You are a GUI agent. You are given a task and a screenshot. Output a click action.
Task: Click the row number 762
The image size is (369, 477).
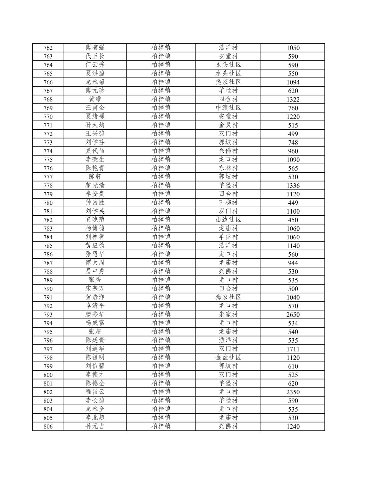point(48,48)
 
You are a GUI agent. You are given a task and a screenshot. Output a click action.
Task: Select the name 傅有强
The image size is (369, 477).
point(95,47)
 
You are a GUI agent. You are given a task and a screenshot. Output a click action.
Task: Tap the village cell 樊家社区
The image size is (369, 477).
point(228,82)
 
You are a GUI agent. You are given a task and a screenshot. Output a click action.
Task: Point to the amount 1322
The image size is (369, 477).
point(293,99)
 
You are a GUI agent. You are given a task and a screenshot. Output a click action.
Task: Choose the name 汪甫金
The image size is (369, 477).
point(95,108)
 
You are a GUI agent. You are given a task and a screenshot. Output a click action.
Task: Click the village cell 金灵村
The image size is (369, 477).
point(228,125)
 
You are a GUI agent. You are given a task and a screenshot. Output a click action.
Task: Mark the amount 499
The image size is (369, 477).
point(293,134)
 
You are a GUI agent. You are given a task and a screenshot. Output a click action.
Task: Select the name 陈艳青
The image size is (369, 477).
point(95,168)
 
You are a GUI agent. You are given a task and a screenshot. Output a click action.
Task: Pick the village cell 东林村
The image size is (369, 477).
point(228,168)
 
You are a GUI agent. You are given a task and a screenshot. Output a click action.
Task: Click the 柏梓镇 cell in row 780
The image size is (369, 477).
point(161,203)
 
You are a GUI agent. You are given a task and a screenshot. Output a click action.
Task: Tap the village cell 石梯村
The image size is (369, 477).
point(228,203)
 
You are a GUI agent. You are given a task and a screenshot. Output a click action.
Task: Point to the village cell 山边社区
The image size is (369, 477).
point(228,220)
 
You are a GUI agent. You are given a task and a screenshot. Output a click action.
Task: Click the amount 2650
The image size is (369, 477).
point(293,314)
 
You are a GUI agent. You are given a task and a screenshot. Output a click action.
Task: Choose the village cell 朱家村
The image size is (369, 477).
point(228,314)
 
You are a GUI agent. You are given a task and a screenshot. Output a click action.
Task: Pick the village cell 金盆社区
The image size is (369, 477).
point(228,357)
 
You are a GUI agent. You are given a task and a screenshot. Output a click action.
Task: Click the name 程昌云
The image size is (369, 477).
point(95,392)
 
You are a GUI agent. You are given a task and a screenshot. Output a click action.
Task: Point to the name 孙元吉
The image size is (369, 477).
point(95,426)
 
